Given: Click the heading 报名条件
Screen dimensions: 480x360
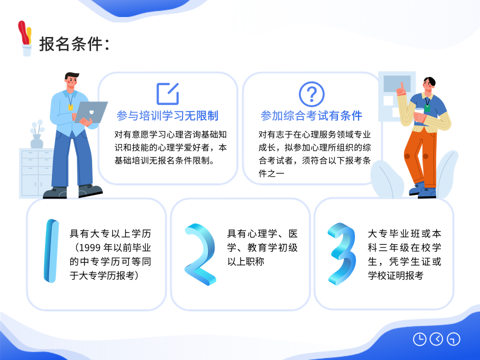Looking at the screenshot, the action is pos(71,44).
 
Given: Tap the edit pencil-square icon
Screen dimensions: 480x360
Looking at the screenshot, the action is pos(167,93).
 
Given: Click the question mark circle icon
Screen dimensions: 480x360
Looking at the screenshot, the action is pos(311,94).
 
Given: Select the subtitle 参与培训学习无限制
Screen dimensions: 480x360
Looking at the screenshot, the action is pos(167,115).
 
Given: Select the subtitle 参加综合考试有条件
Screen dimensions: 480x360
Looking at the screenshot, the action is pos(311,115).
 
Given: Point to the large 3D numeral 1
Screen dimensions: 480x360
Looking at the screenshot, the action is pos(51,250).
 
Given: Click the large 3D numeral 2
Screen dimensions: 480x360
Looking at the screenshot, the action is pos(200,254).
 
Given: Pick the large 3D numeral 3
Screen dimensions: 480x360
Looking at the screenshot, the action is pos(341,254).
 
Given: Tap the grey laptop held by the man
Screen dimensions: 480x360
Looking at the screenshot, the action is pos(91,112).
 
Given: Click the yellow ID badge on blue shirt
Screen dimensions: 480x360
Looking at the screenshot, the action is pos(70,107).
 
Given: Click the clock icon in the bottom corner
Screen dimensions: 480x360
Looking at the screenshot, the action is pos(419,339).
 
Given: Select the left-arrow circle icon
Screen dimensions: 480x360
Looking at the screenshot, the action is pos(436,339).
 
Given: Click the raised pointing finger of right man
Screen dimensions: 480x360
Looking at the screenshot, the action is pos(402,85).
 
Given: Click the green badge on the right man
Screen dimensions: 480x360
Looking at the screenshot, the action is pos(426,108).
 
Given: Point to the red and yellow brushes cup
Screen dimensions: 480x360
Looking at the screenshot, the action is pos(25,38).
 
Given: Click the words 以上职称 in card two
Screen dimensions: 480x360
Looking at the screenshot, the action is pos(245,261).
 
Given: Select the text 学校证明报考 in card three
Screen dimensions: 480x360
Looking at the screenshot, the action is pos(395,275).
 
